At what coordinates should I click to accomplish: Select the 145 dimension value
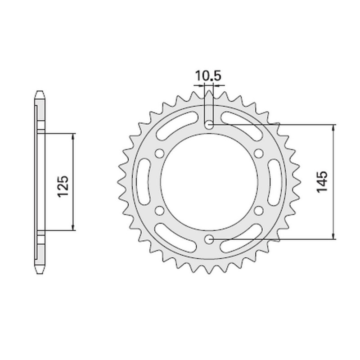(x=324, y=182)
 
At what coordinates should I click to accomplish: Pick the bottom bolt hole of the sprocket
(x=209, y=240)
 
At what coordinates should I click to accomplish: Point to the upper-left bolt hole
(x=158, y=153)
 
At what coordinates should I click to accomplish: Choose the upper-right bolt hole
(x=258, y=153)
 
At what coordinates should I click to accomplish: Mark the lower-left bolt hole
(x=158, y=210)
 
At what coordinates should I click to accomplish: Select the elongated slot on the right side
(x=274, y=182)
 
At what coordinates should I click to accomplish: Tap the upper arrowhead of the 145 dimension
(x=333, y=127)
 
